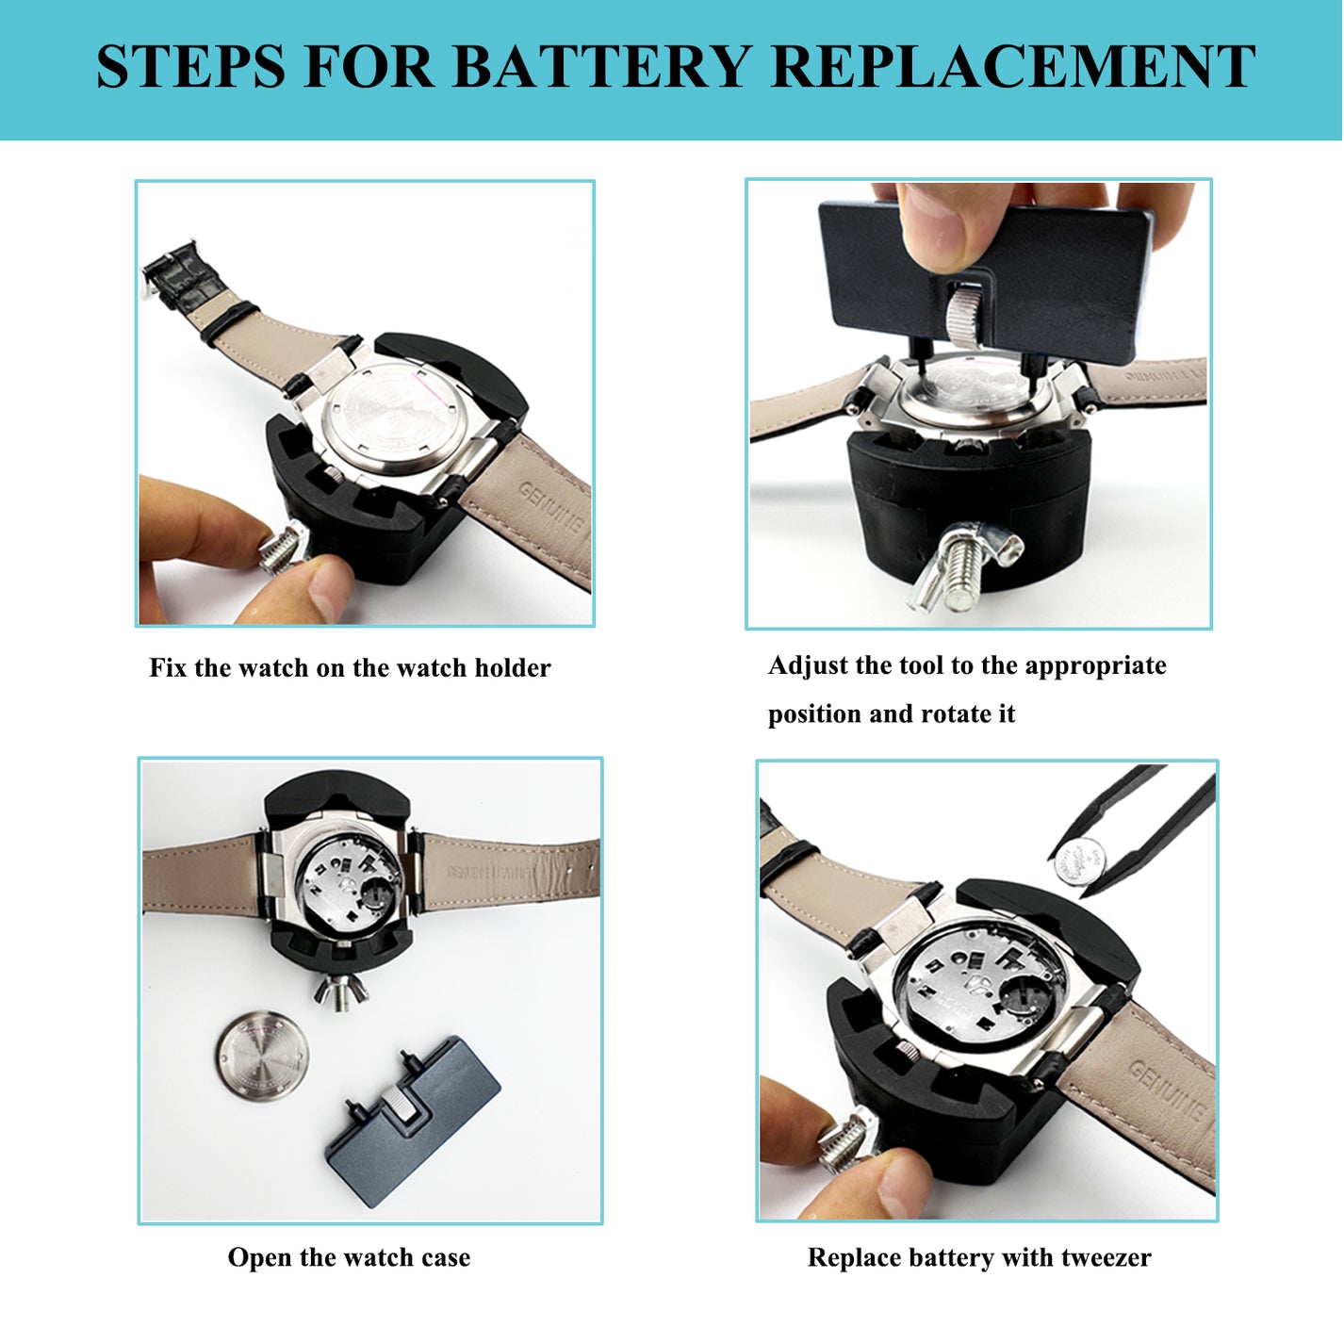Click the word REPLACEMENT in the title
click(1012, 68)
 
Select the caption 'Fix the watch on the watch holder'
click(350, 668)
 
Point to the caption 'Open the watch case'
click(349, 1257)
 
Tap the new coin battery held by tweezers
click(1078, 860)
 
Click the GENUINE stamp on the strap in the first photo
click(552, 509)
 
